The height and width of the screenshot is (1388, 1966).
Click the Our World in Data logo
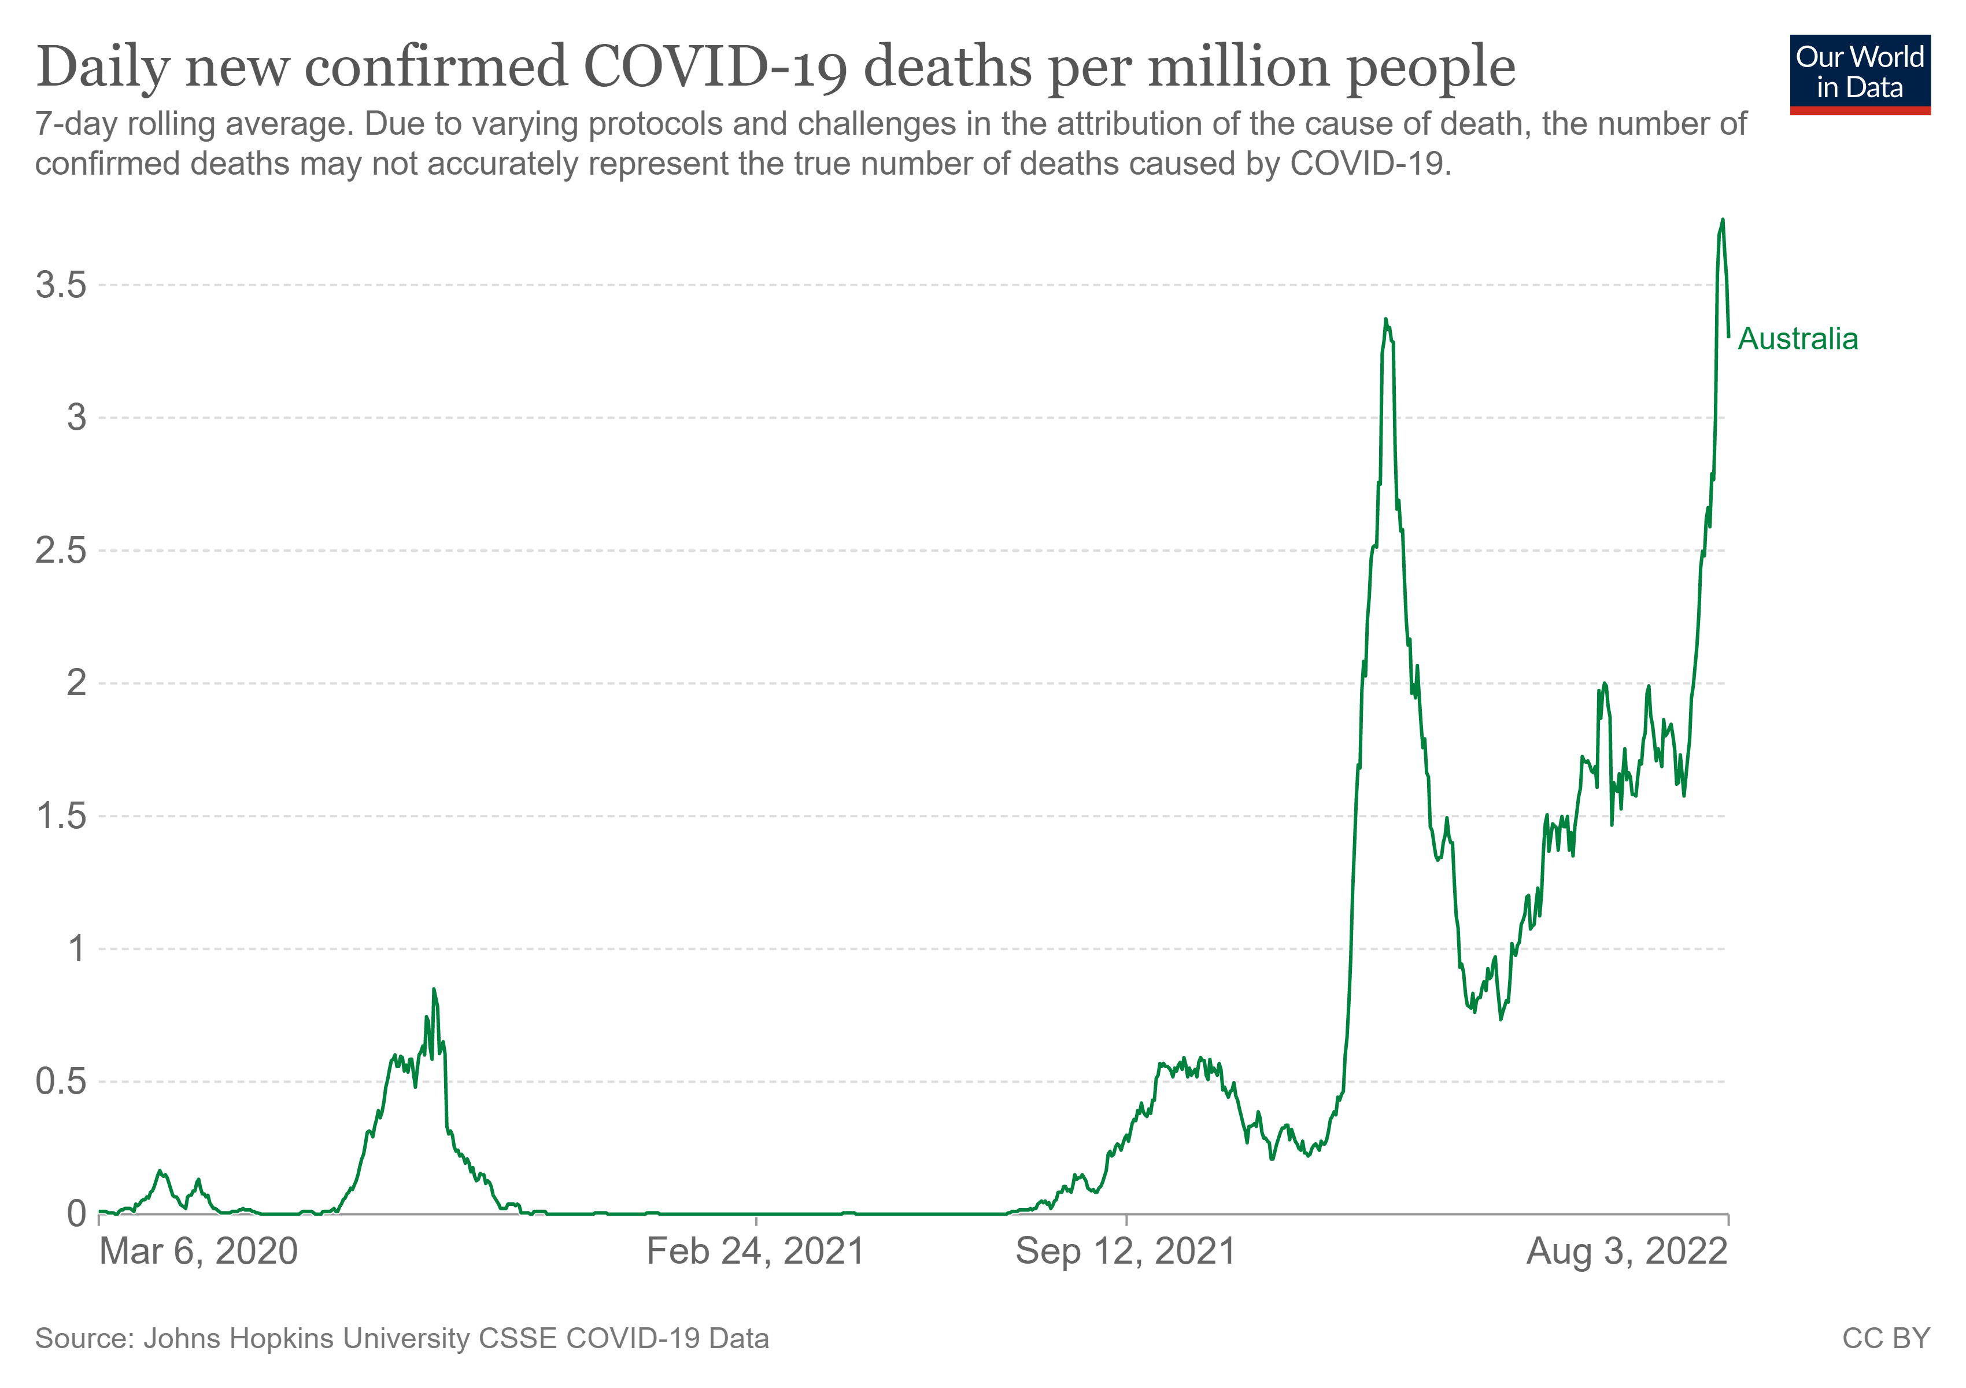[1859, 73]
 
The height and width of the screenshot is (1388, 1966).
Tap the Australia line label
[1797, 339]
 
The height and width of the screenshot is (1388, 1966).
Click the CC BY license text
[1886, 1338]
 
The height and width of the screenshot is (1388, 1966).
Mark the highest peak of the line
[1722, 220]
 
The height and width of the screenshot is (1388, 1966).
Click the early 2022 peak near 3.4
[1385, 319]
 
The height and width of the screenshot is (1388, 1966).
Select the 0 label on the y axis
[76, 1214]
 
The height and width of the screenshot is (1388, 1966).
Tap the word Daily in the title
[103, 66]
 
